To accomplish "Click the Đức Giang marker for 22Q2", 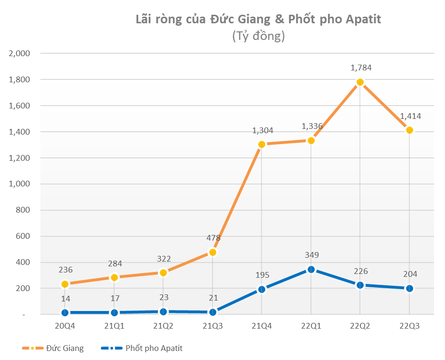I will (x=360, y=82).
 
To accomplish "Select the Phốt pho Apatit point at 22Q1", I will (x=311, y=269).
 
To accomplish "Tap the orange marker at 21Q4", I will (x=261, y=144).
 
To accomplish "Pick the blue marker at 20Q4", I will (x=65, y=312).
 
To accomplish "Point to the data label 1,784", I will (x=361, y=68).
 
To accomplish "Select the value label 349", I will (x=311, y=255).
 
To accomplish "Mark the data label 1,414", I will (x=410, y=116).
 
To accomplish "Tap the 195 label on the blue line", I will (x=262, y=275).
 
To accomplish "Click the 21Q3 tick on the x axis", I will (x=213, y=326).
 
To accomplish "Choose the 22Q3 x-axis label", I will (x=409, y=326).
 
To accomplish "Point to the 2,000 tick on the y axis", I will (x=19, y=53).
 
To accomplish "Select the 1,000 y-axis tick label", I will (x=19, y=184).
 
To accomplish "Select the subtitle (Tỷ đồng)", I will (x=258, y=36).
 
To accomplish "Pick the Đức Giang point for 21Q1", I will (x=114, y=277).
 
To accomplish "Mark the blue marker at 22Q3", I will (x=409, y=288).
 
